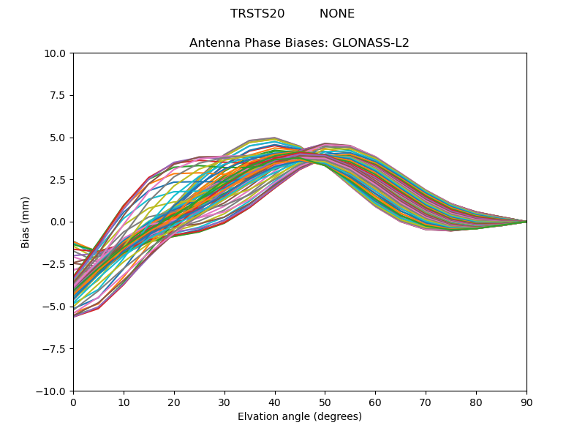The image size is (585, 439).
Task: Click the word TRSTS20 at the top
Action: [x=257, y=14]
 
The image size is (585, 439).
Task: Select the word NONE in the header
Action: [x=337, y=14]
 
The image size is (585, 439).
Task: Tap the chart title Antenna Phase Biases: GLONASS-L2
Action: [x=299, y=43]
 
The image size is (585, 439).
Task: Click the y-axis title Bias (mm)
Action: [x=26, y=222]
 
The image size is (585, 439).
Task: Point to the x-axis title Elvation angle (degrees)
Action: [x=300, y=417]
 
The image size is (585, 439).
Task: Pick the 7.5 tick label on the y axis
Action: [x=58, y=96]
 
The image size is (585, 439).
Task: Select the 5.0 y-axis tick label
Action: [x=58, y=138]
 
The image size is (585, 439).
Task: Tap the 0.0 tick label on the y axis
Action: [x=58, y=222]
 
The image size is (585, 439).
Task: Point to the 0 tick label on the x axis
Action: [x=73, y=402]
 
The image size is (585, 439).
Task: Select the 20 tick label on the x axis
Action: [x=174, y=402]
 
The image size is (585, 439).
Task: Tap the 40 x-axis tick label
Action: [x=275, y=402]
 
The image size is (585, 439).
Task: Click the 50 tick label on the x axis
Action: [x=325, y=402]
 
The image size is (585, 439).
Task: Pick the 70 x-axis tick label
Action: [x=426, y=402]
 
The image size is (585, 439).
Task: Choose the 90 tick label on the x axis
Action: [x=526, y=402]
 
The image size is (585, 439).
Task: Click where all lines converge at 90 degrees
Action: [x=526, y=222]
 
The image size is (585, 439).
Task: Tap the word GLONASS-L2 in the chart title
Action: [x=371, y=43]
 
